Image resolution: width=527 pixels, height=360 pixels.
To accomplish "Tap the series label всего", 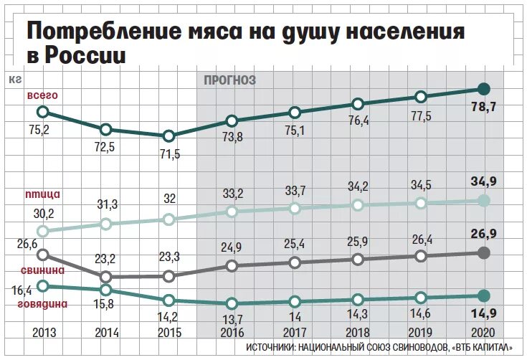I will pos(42,95).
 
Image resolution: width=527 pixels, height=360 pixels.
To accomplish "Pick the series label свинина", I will pos(42,270).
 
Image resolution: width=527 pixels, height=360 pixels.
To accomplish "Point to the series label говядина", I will pos(42,303).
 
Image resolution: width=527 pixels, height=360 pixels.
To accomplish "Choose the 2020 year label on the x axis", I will pos(483,333).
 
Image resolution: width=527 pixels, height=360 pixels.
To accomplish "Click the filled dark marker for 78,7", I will pos(483,89).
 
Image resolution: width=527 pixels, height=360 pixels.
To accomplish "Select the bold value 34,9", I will pos(485,180).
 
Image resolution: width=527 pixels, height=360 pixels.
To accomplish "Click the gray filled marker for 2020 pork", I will pos(483,252).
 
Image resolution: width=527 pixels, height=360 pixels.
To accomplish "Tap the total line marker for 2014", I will pos(105,129).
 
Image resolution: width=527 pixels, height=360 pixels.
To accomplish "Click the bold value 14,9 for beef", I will pos(485,312).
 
